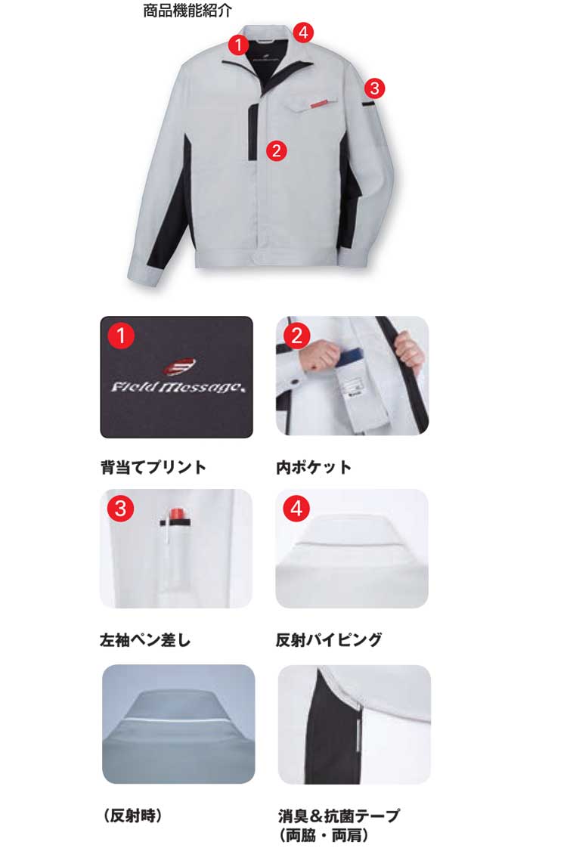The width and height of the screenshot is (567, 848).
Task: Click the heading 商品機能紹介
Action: (187, 11)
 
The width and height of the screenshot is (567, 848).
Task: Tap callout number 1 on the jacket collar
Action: (239, 45)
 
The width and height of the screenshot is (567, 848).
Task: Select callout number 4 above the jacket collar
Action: (303, 32)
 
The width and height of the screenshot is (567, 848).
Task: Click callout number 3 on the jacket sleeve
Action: (374, 88)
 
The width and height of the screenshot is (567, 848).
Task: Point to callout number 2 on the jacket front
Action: (277, 150)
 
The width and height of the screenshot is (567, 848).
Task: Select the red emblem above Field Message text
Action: (180, 367)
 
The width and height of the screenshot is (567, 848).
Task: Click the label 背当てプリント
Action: (153, 467)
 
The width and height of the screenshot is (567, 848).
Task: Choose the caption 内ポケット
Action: (314, 467)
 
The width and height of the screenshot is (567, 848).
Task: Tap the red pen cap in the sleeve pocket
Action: (178, 514)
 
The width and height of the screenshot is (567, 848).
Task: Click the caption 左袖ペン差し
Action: (145, 640)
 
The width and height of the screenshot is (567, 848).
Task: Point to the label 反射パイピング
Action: (329, 640)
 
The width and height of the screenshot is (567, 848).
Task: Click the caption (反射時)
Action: (132, 815)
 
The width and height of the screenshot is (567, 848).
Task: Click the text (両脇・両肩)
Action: (324, 836)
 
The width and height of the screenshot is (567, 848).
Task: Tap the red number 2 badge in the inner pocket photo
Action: (296, 336)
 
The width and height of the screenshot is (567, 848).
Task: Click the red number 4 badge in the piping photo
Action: (296, 509)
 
